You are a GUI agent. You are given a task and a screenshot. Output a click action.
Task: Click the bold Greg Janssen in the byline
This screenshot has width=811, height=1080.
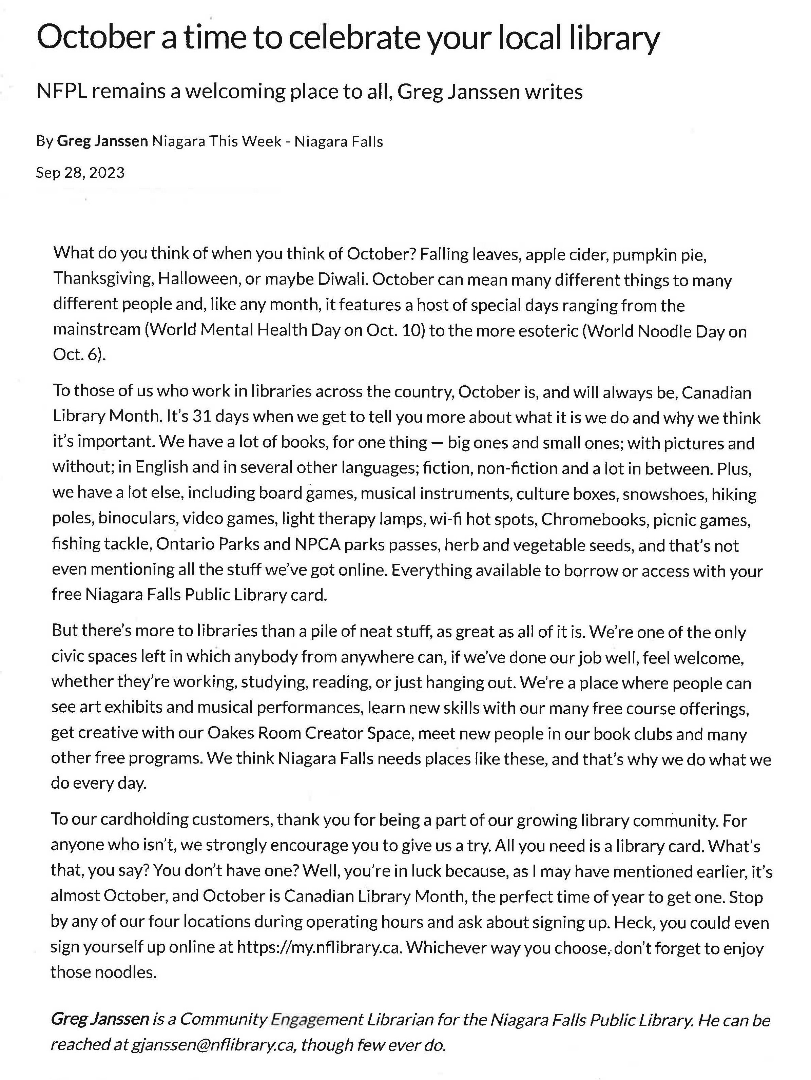point(102,141)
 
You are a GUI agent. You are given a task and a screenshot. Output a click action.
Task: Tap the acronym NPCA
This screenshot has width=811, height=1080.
point(317,544)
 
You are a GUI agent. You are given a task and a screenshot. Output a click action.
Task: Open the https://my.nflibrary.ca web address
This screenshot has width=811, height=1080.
point(319,948)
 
